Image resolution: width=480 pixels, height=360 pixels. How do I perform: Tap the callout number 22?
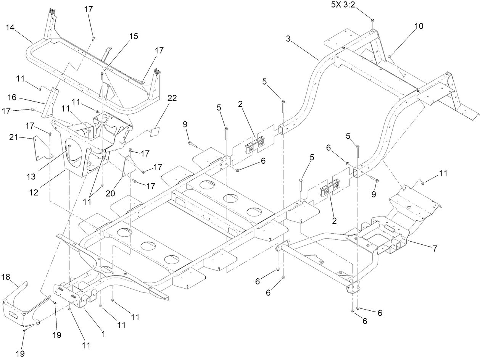[172, 98]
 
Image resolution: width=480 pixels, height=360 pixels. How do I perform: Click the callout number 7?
[435, 248]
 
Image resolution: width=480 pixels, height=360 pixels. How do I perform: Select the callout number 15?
[133, 36]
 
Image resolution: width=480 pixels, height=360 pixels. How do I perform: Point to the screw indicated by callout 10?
[390, 57]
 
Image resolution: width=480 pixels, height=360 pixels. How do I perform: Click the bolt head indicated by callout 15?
[102, 73]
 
